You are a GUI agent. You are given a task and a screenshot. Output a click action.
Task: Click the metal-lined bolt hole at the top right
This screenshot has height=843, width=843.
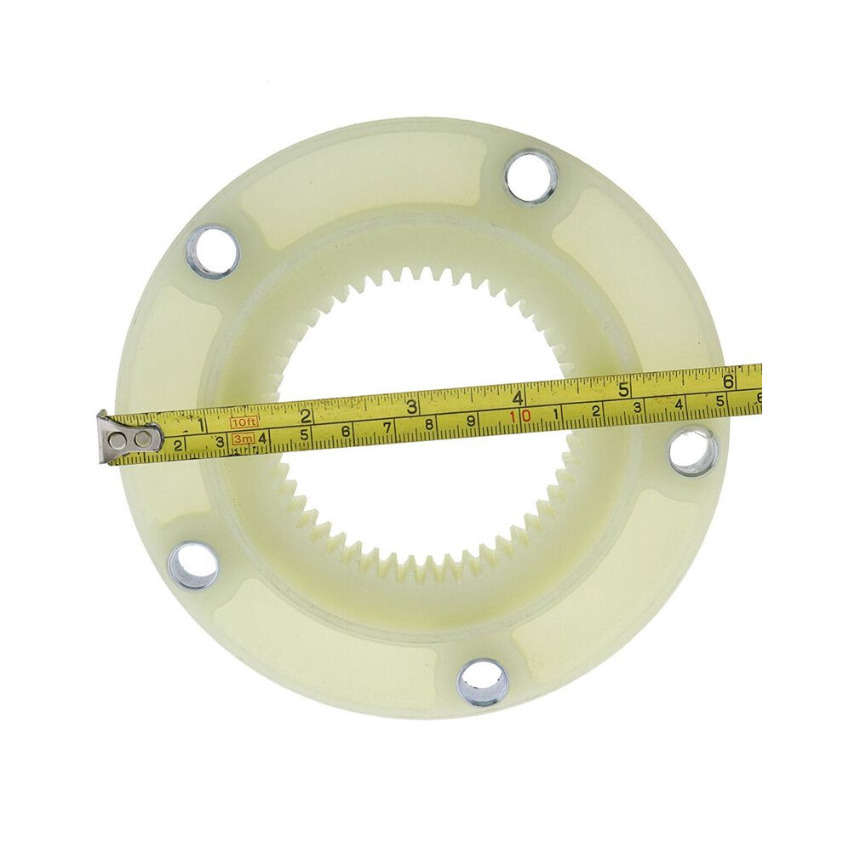pos(530,177)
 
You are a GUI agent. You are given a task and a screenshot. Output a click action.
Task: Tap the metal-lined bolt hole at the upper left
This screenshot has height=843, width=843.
pos(212,251)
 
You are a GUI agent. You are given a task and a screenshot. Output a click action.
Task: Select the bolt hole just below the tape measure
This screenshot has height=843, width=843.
pos(693,450)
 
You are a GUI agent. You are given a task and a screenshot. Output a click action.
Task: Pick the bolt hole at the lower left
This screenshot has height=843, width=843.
pos(193,565)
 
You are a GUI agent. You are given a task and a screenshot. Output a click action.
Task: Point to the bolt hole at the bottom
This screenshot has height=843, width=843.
pos(482,683)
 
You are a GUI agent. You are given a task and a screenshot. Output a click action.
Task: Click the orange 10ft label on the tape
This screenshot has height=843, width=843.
pos(244,422)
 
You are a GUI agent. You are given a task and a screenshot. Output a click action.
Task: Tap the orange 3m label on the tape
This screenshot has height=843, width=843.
pos(242,439)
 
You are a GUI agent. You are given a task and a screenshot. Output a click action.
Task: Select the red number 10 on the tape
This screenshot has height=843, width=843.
pos(520,416)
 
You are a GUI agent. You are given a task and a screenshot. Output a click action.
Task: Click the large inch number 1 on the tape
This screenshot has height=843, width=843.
pos(201,425)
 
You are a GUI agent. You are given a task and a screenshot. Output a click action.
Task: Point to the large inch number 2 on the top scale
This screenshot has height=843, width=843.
pos(307,416)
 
